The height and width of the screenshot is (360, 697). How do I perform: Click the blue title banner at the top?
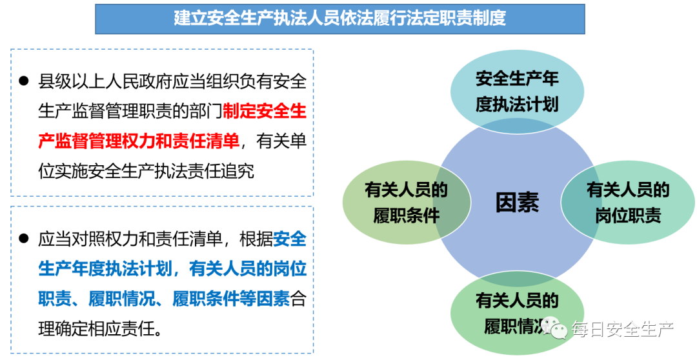[340, 18]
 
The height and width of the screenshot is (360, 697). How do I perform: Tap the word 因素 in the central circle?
[516, 203]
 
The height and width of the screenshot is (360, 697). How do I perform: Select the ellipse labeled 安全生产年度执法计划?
[516, 92]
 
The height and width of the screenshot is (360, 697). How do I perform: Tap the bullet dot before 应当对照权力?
[24, 239]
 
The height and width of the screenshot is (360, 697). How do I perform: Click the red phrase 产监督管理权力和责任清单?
[139, 141]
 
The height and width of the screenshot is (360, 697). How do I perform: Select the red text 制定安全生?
[265, 111]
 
